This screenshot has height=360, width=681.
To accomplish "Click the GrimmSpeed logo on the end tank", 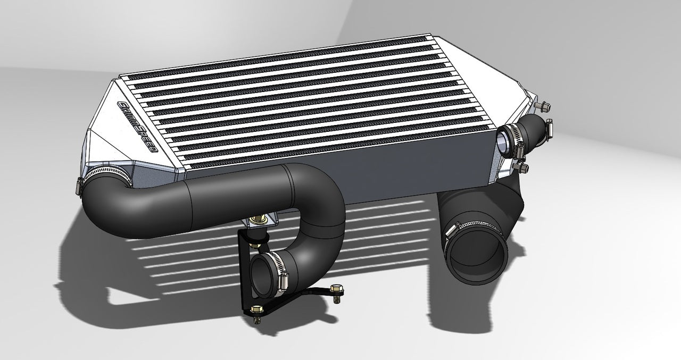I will coord(137,125).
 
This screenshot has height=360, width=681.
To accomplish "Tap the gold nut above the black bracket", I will coord(262,219).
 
